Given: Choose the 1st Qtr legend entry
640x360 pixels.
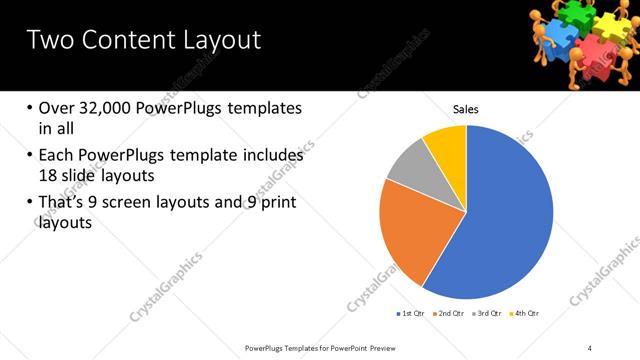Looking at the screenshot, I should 411,314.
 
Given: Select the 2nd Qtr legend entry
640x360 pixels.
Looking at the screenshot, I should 449,314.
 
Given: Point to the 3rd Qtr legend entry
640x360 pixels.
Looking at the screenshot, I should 487,314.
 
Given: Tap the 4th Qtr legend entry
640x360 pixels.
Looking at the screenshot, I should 525,314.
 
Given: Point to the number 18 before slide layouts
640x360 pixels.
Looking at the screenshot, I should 51,176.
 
